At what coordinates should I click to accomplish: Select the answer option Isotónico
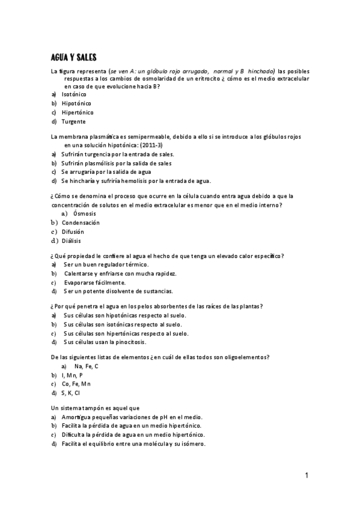(x=74, y=94)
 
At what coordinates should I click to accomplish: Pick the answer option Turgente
(x=73, y=121)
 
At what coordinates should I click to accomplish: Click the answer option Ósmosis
(x=84, y=214)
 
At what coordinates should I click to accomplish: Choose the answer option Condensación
(x=81, y=223)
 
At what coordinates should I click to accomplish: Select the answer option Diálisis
(x=71, y=241)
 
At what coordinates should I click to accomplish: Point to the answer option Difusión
(x=73, y=232)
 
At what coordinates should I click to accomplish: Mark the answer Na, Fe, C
(x=86, y=366)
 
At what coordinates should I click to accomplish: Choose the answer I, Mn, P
(x=72, y=375)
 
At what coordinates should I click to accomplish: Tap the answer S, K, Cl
(x=72, y=393)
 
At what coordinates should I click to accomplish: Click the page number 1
(x=307, y=476)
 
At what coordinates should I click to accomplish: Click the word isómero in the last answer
(x=191, y=444)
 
